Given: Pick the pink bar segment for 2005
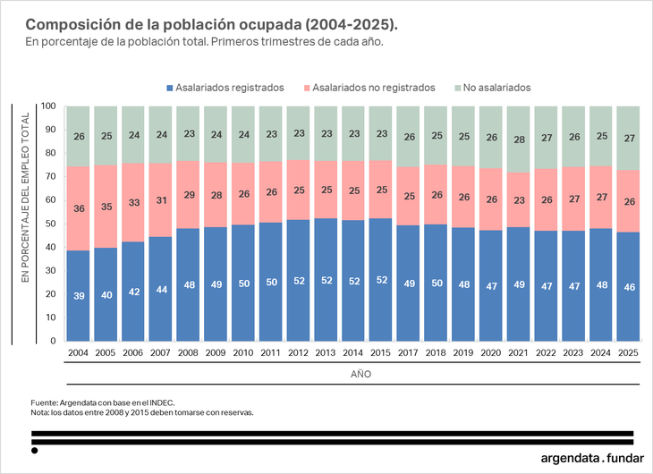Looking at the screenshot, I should [x=106, y=206].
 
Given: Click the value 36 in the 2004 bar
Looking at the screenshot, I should [x=79, y=208].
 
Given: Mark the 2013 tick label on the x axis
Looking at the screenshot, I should [x=326, y=354].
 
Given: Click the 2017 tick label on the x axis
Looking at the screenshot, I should [x=409, y=354].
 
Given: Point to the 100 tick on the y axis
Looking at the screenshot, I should [x=49, y=106].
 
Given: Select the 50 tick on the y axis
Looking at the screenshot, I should [x=52, y=224].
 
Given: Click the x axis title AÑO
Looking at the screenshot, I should [x=354, y=374].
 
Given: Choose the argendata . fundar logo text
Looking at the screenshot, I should [x=591, y=458].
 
